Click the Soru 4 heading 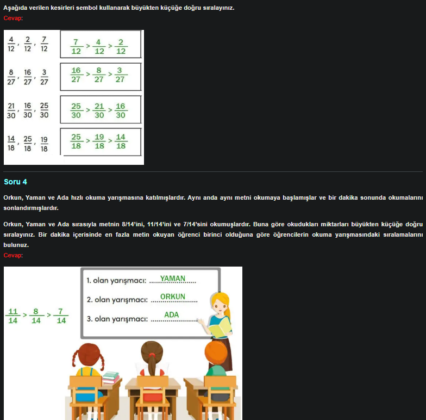[x=15, y=182]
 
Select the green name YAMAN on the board [x=172, y=279]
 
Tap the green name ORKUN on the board [x=172, y=297]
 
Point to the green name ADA [x=171, y=315]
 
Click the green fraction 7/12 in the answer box [x=76, y=46]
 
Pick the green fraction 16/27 [x=76, y=75]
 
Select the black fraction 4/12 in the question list [x=11, y=44]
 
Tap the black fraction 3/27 [x=44, y=77]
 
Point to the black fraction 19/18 [x=44, y=144]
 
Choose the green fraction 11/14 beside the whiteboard [x=12, y=316]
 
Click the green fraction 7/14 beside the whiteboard [x=61, y=316]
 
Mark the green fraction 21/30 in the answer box [x=98, y=110]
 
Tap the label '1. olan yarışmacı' [x=116, y=281]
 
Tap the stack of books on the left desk [x=110, y=377]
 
